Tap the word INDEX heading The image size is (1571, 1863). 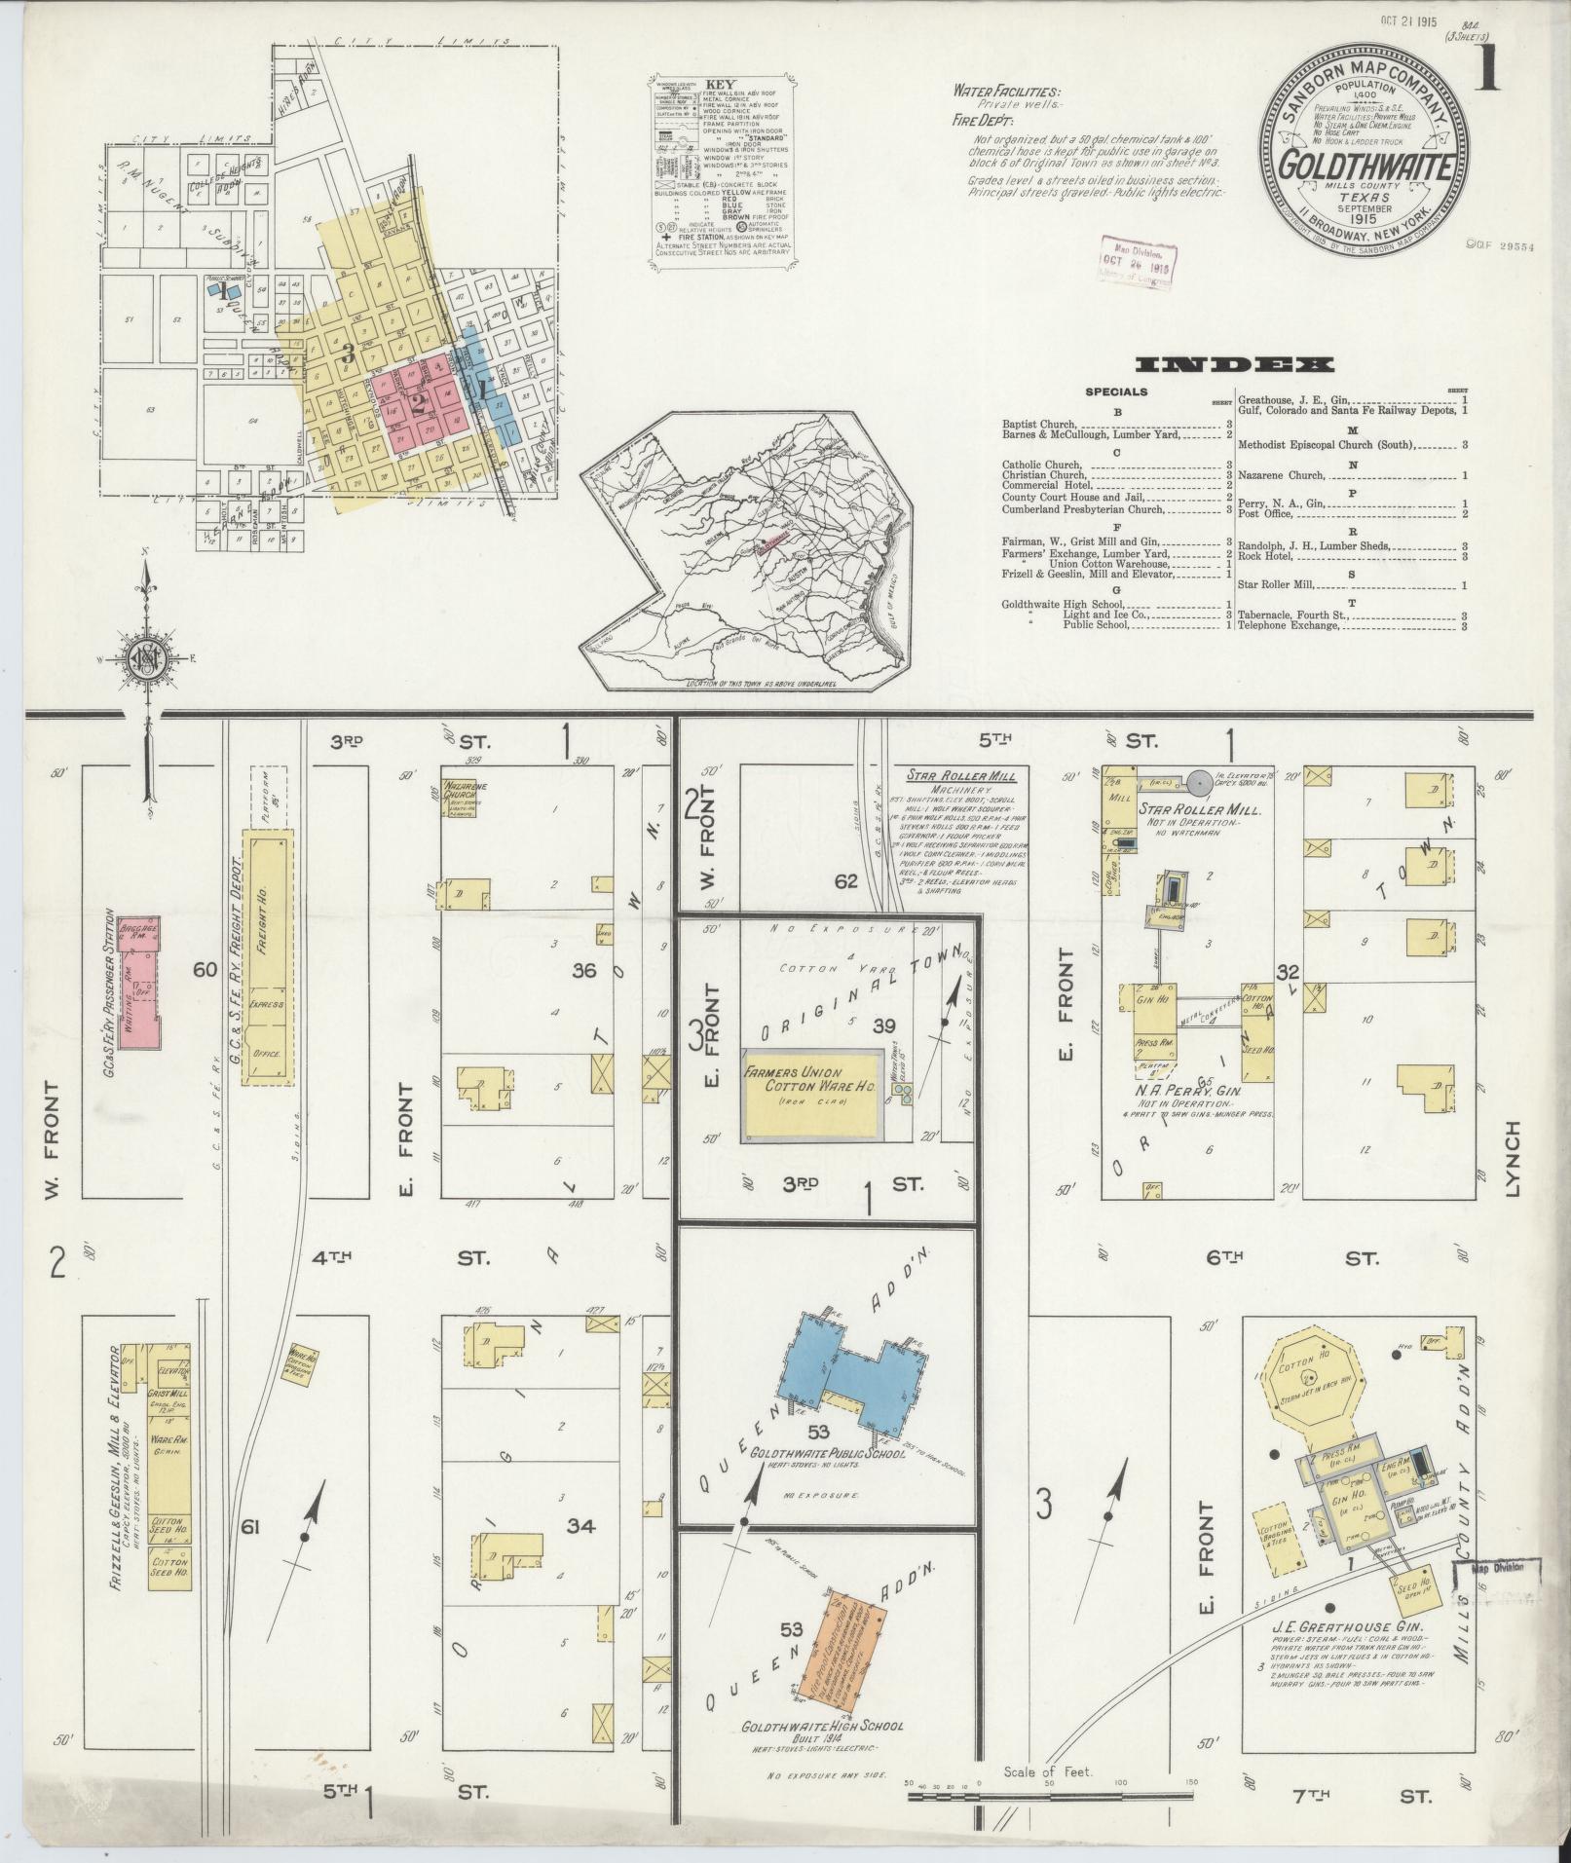(x=1234, y=365)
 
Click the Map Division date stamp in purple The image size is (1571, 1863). (x=1136, y=260)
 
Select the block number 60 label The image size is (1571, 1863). (x=204, y=969)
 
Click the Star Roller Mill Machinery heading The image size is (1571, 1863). (x=960, y=777)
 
